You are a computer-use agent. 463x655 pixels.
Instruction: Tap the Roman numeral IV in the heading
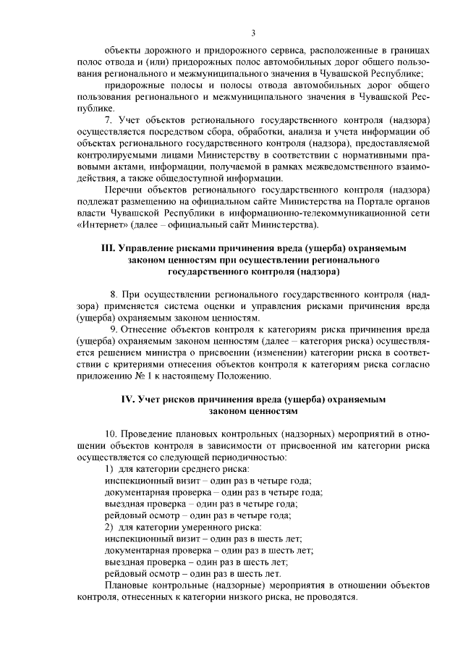pos(126,399)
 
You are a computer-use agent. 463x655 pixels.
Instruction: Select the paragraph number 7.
pos(109,117)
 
